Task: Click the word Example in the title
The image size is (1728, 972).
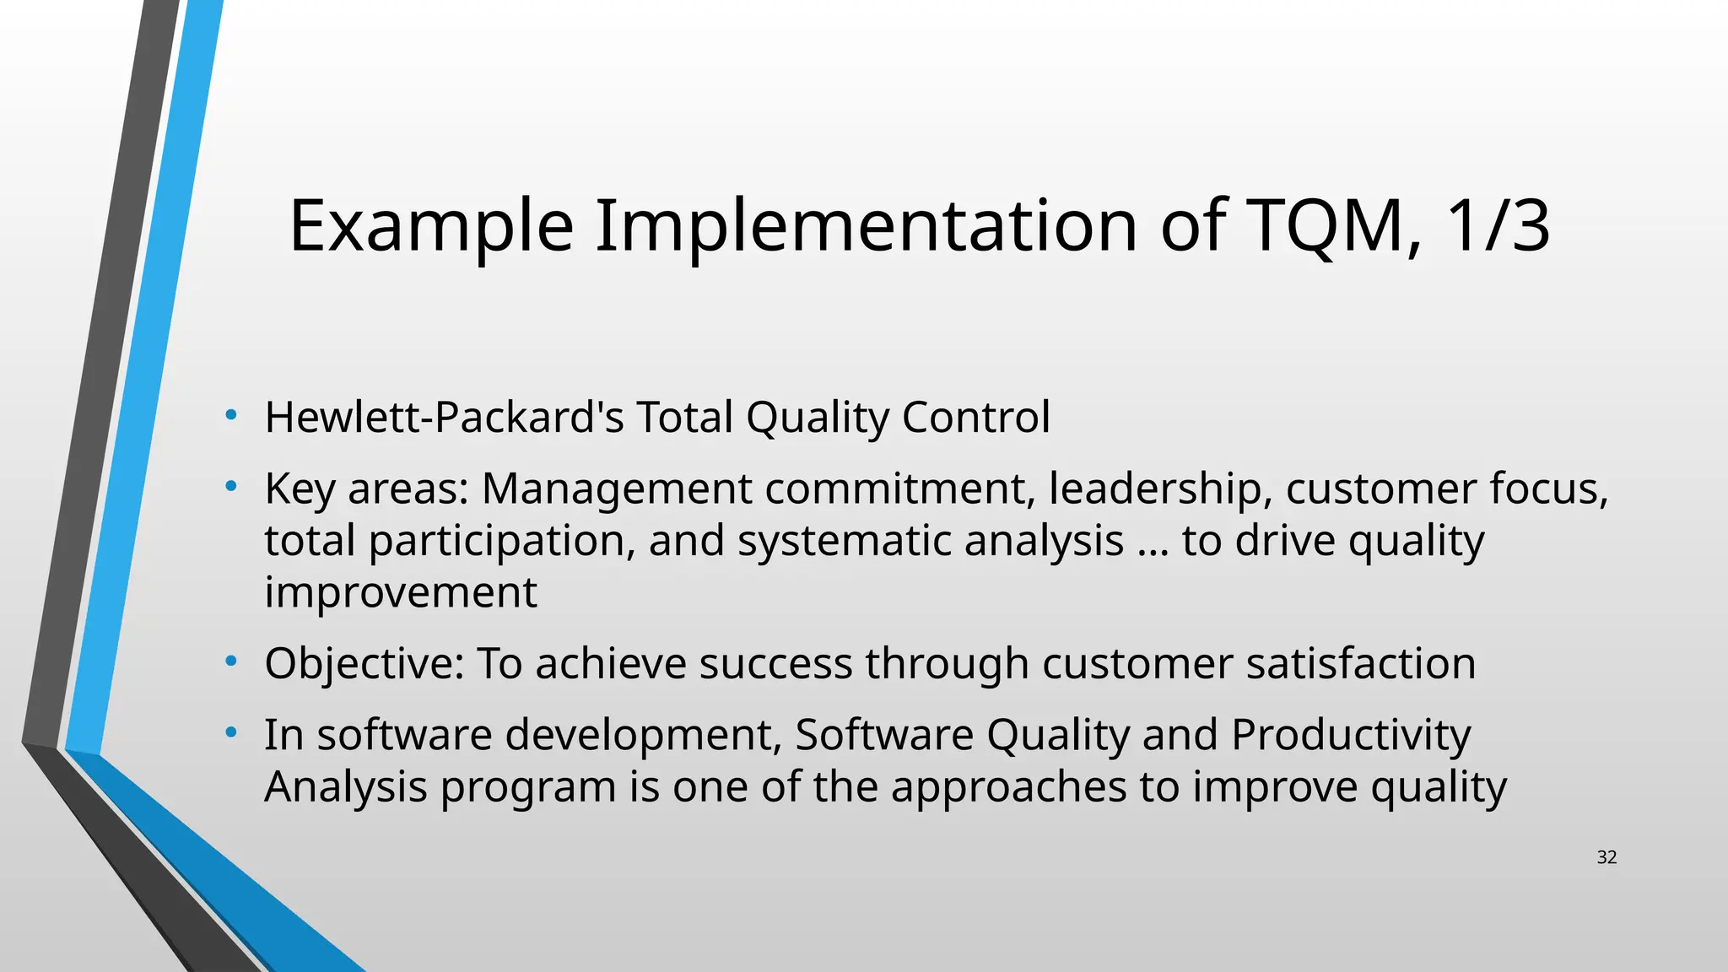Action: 431,226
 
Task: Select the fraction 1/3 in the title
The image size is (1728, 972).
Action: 1498,226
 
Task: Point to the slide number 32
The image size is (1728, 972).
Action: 1606,857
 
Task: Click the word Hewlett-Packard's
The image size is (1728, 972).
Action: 444,417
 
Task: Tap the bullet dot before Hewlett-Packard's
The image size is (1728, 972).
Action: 230,414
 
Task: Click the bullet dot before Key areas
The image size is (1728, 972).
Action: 230,485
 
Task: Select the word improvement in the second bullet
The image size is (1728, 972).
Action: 401,593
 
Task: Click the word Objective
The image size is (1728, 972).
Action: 364,664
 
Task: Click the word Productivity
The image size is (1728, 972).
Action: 1350,735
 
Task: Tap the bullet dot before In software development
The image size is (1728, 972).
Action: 230,732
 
